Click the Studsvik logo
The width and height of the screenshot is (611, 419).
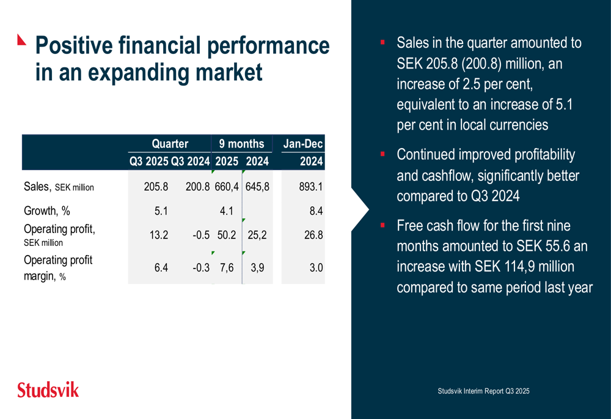48,390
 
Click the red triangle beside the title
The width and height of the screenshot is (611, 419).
23,40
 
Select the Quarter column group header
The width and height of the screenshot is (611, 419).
170,144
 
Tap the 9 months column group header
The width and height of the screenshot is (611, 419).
241,144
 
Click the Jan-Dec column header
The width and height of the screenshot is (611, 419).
303,144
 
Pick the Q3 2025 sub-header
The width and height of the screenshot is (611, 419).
148,162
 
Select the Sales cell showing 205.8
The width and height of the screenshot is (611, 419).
156,187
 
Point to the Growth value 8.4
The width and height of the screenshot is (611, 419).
315,211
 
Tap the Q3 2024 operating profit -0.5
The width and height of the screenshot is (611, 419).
200,235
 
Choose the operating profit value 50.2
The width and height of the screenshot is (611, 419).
226,235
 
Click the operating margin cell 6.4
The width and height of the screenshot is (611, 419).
161,267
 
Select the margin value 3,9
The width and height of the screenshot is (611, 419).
257,267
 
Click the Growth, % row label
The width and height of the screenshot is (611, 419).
47,211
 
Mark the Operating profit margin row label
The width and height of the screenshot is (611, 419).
57,267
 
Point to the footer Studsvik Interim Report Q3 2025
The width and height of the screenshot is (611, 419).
483,391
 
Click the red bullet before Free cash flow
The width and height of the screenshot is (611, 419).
382,225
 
